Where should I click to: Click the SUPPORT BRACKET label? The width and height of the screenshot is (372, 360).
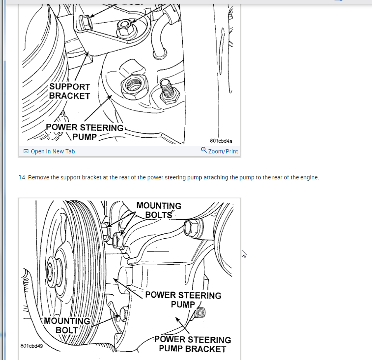coord(69,91)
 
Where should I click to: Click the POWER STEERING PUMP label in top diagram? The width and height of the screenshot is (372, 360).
coord(85,132)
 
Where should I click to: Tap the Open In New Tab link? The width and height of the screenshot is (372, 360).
coord(52,151)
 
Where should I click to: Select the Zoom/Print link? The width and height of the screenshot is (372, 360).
coord(223,151)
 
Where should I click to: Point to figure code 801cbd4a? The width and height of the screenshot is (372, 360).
coord(221,141)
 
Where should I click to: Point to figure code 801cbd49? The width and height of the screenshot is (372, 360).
coord(32,346)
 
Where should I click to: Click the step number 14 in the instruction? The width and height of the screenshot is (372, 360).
coord(22,178)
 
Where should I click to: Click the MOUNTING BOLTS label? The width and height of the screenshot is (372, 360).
coord(159,210)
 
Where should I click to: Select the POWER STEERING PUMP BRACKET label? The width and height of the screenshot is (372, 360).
coord(193,344)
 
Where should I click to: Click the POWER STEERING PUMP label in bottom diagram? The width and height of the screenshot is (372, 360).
coord(183,300)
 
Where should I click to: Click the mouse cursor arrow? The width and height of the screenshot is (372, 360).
coord(244,254)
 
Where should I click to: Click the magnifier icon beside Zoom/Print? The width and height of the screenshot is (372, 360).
coord(204,150)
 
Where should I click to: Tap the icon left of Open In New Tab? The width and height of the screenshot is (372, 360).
coord(26,151)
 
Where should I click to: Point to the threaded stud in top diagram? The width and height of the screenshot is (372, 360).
coord(168,90)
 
